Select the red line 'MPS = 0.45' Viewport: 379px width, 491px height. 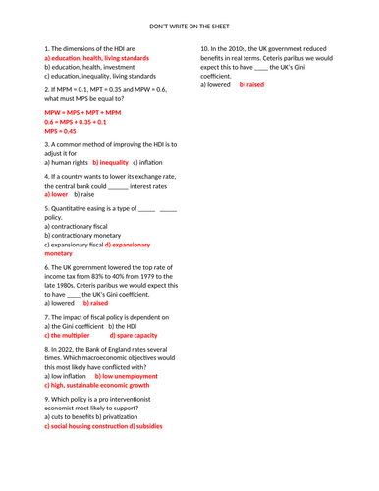coord(60,131)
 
